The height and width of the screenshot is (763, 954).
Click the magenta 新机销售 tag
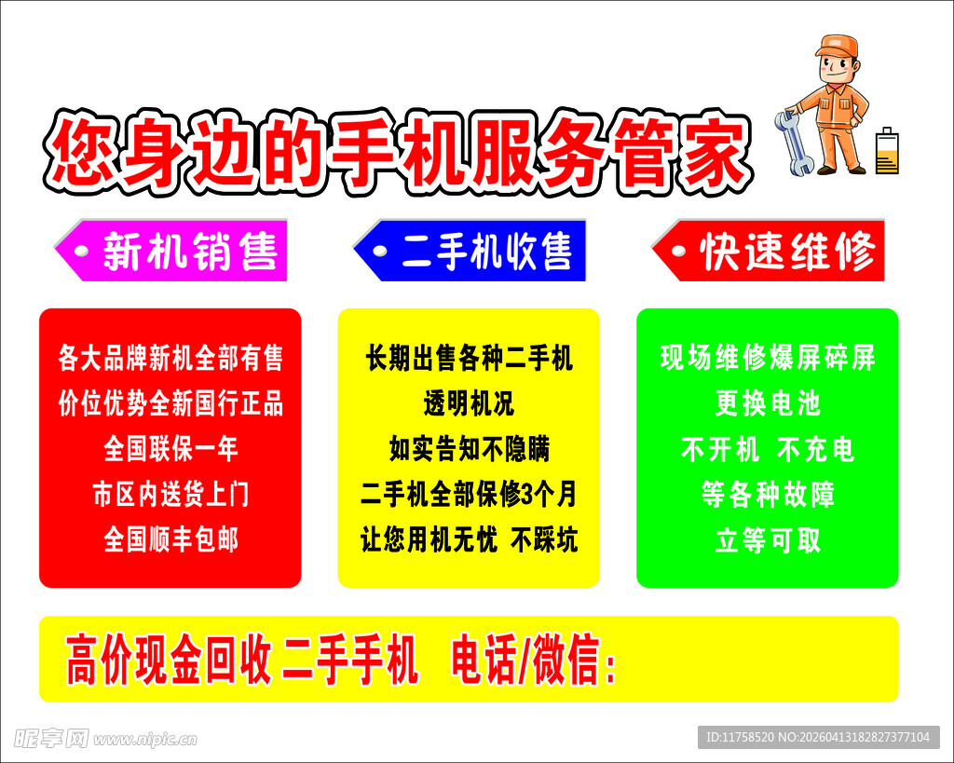[172, 251]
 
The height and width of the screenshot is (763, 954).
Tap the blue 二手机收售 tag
[470, 251]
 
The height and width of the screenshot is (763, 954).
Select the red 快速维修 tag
[770, 251]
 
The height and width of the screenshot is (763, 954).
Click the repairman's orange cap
[836, 46]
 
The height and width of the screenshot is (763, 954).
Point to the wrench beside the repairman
[793, 143]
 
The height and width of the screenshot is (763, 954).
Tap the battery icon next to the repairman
[887, 151]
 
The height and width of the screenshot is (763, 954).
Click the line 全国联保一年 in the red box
[170, 449]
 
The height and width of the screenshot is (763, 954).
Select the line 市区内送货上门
[170, 494]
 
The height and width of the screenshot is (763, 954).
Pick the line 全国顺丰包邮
[170, 539]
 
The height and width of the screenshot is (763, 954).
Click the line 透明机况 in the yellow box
[469, 403]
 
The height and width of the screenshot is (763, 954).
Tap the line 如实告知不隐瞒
[469, 449]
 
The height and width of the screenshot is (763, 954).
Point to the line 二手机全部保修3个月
[469, 494]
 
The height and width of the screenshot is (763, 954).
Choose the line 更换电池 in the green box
[768, 403]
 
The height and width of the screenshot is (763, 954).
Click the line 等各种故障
[768, 494]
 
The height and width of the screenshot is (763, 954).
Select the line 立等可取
[768, 539]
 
